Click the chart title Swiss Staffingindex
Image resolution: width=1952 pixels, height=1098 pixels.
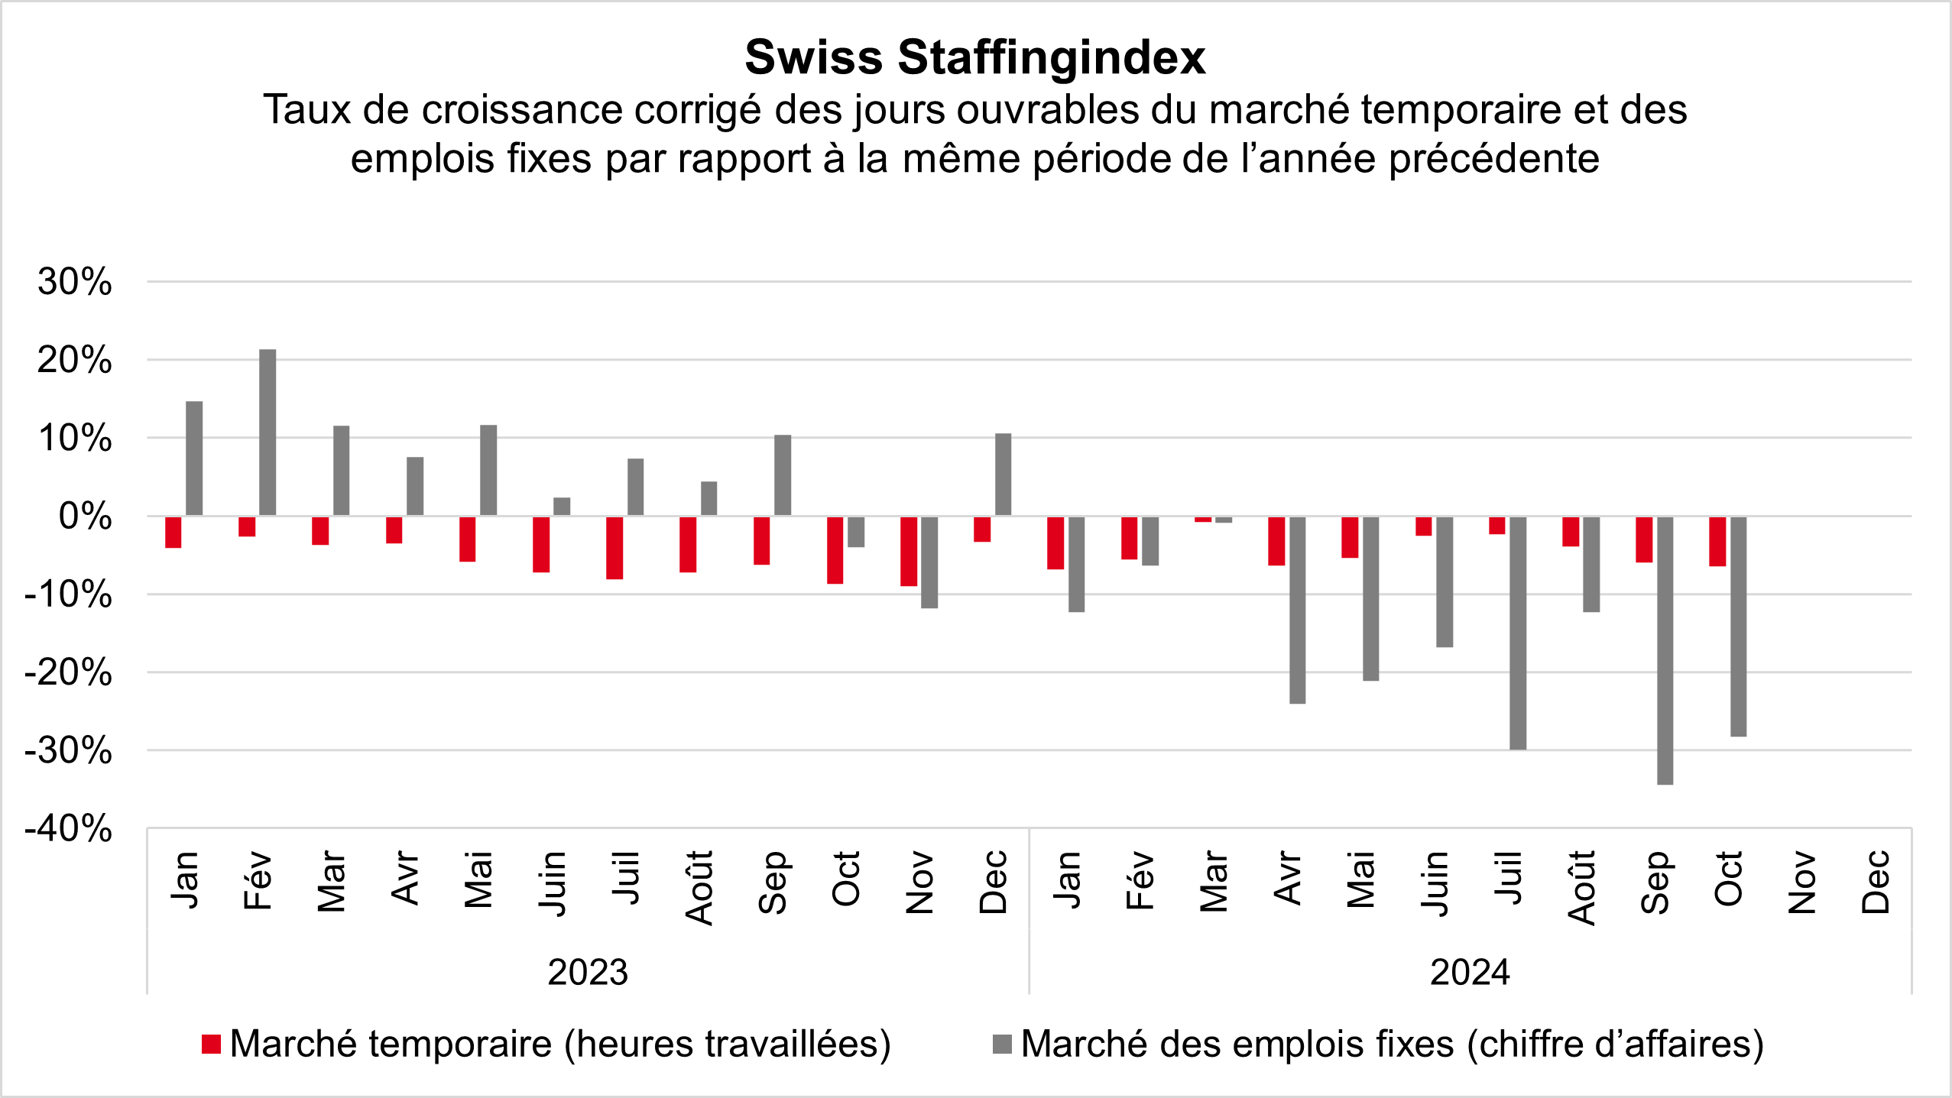[975, 57]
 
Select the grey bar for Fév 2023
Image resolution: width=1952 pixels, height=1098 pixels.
[268, 432]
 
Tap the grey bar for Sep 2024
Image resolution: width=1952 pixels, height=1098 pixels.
[1665, 650]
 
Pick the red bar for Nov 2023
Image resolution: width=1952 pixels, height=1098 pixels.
[909, 551]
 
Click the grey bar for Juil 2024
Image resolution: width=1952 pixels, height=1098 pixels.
[1518, 633]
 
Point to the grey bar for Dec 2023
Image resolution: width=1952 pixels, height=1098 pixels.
[1003, 475]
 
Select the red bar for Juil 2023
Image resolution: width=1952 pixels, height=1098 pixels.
[614, 548]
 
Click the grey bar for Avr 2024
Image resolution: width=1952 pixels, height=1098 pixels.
[1297, 610]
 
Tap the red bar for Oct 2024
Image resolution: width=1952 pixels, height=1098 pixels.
[1717, 541]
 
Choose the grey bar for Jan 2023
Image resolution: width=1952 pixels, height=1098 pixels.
[194, 458]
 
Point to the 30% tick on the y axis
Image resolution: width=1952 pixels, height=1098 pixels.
[74, 282]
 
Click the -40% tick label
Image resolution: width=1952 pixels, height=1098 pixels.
[69, 828]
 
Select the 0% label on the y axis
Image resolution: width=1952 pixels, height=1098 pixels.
[85, 517]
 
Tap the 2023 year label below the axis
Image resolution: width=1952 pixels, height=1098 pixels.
[588, 972]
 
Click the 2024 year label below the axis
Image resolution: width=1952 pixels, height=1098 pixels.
[1470, 972]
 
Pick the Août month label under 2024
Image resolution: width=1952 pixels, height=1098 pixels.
[1581, 886]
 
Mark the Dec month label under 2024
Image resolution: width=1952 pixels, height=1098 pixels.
[1876, 882]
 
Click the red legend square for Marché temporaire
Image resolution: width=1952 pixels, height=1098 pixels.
[211, 1044]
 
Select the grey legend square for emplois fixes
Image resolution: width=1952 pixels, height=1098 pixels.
[1002, 1044]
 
